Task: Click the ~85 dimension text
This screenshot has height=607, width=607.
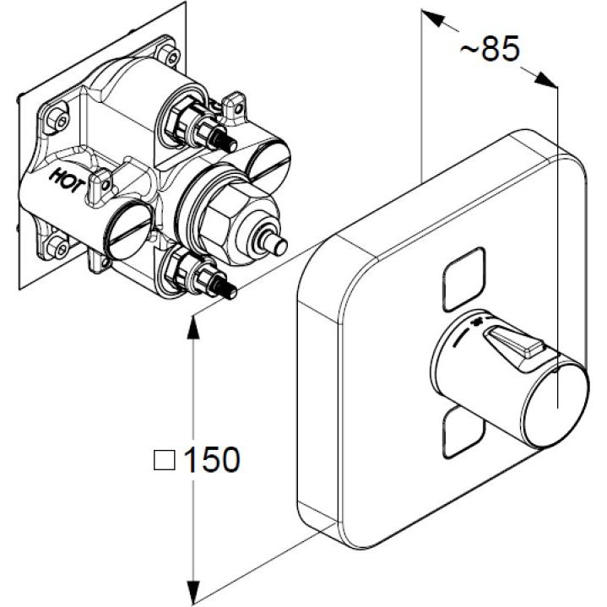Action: point(490,48)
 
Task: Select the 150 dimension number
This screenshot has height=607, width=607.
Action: point(212,459)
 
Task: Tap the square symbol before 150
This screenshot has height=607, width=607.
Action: point(165,460)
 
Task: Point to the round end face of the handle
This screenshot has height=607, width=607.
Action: point(556,406)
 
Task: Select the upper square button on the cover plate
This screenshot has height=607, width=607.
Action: point(463,279)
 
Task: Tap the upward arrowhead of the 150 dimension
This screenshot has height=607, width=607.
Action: point(193,328)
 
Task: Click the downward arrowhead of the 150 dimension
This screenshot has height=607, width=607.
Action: point(193,592)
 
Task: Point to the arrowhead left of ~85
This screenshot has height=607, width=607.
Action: point(433,19)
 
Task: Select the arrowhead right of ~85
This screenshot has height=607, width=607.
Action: point(546,79)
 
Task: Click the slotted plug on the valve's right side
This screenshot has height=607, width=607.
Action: point(269,165)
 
